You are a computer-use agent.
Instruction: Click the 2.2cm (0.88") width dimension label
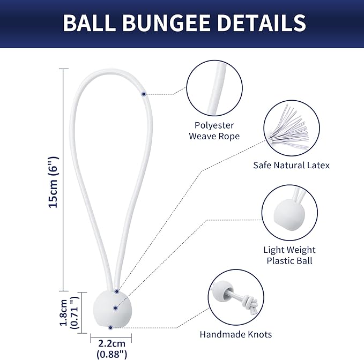point(111,348)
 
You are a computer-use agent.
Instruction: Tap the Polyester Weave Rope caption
point(214,131)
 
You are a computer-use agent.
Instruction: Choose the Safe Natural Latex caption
point(291,165)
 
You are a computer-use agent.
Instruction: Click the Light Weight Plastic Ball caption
point(289,255)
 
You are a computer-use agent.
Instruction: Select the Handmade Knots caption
point(236,334)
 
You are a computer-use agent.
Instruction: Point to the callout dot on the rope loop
point(144,94)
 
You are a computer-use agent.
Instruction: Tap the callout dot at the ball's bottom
point(110,327)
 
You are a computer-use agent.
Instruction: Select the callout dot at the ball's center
point(115,307)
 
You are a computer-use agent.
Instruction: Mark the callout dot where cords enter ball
point(116,292)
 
